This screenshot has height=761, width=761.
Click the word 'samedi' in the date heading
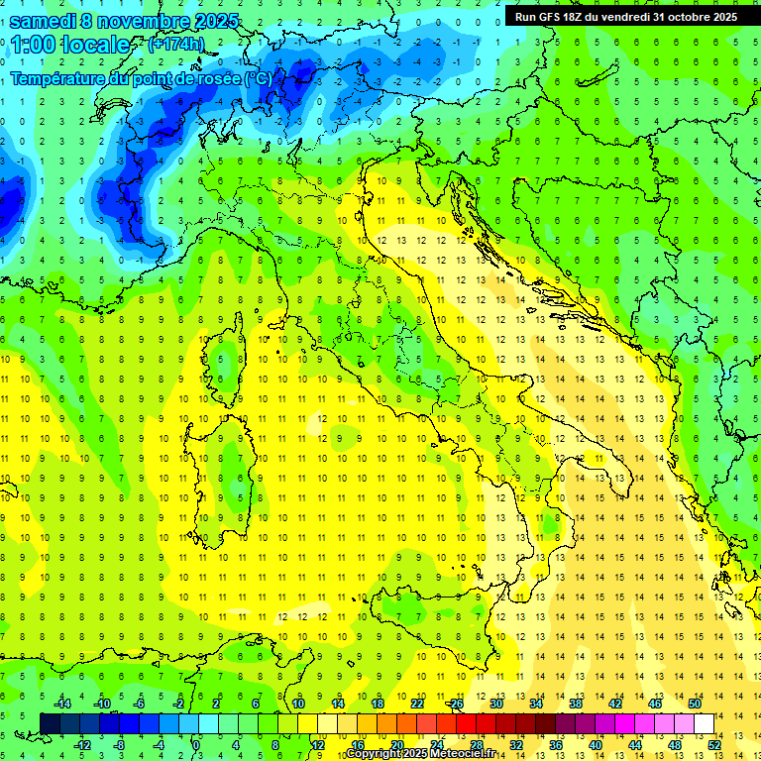[x=42, y=21]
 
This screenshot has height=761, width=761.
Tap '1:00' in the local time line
[x=34, y=46]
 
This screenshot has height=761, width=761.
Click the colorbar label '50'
[x=695, y=704]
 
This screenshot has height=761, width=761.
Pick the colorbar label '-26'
[x=455, y=704]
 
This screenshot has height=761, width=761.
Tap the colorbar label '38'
[x=576, y=704]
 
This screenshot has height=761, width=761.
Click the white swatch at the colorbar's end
[x=704, y=723]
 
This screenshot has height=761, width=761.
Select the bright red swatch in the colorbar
[x=466, y=723]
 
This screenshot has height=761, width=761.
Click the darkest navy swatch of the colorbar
[x=50, y=723]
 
